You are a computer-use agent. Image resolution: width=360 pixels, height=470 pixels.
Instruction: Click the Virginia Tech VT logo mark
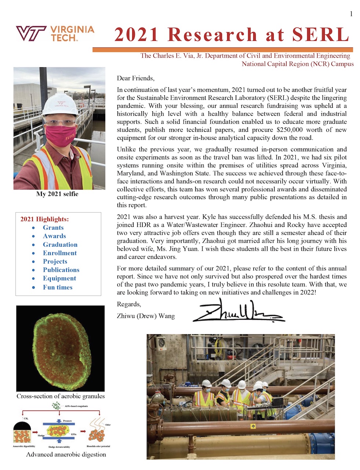coord(31,33)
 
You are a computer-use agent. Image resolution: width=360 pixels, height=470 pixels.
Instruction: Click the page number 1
coord(351,14)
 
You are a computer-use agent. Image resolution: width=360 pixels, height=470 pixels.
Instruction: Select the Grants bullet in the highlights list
coord(53,228)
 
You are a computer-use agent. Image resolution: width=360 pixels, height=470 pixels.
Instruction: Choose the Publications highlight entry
coord(61,270)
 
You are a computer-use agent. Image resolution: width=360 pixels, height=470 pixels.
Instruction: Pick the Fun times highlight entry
coord(58,287)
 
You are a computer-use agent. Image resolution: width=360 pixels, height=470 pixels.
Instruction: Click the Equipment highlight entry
coord(59,278)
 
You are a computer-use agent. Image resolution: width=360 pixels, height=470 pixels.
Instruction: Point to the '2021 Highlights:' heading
coord(44,219)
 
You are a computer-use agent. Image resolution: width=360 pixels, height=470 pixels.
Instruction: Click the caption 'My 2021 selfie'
coord(57,194)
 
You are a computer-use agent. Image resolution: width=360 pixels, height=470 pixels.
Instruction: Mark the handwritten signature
coord(239,311)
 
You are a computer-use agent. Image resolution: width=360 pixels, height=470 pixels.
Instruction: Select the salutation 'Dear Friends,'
coord(135,78)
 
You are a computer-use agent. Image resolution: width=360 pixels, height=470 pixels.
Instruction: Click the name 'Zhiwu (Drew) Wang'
coord(146,316)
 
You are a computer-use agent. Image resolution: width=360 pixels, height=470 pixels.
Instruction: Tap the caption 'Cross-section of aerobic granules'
coord(61,396)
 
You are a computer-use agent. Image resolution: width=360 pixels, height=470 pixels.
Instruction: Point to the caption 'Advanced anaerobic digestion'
coord(66,454)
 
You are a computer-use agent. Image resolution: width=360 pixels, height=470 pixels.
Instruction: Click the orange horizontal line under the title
coord(222,50)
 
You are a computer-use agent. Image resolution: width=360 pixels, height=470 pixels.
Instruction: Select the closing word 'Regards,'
coord(129,304)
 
